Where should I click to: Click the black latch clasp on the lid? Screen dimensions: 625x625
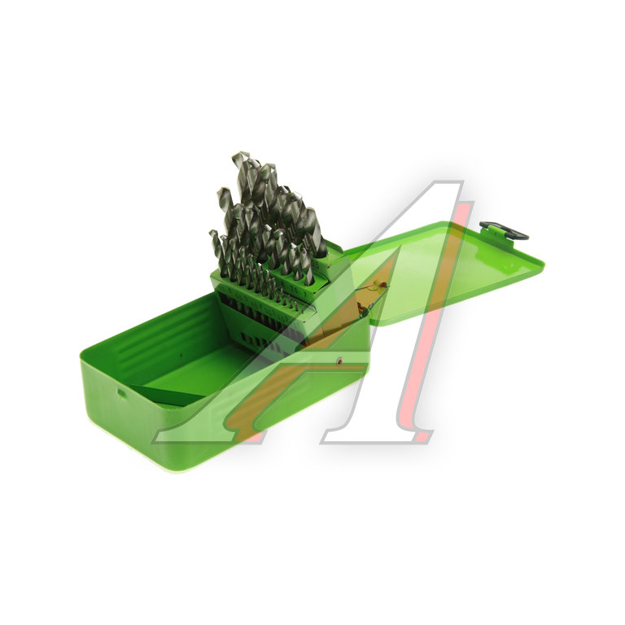point(505,230)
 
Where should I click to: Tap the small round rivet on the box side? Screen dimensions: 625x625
point(339,361)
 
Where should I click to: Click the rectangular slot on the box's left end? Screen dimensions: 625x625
point(120,393)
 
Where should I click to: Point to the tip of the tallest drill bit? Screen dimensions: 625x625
point(235,155)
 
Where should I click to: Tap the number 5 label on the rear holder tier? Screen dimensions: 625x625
point(317,264)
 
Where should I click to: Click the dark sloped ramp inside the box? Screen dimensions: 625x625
point(167,391)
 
